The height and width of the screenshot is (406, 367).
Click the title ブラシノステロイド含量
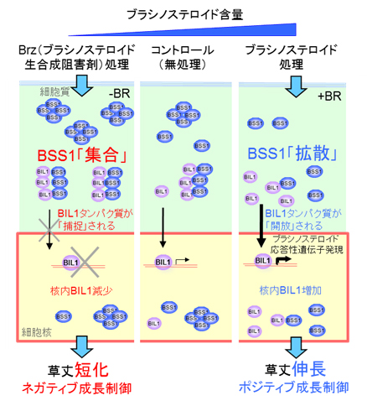tap(183, 13)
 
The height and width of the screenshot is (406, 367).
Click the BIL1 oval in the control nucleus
tap(163, 262)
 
